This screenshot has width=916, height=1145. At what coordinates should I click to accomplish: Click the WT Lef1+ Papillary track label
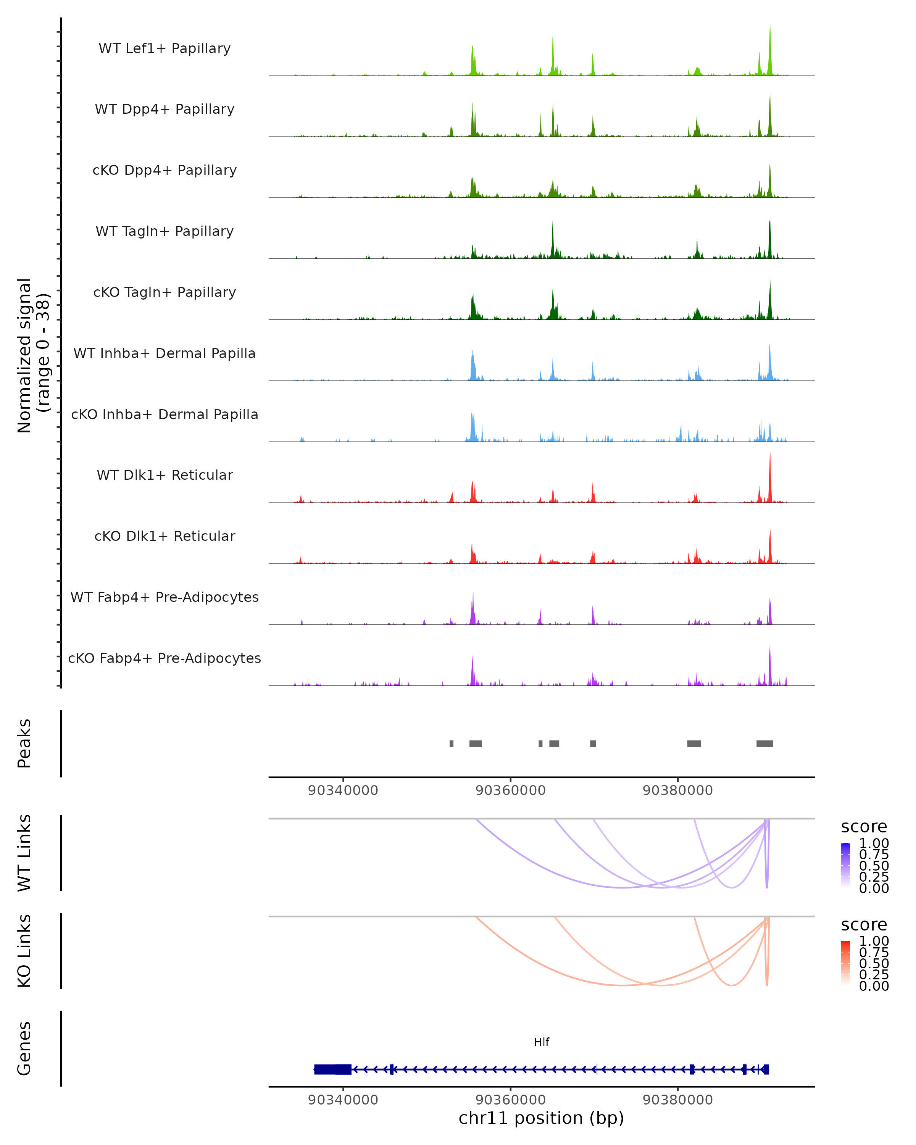(x=164, y=48)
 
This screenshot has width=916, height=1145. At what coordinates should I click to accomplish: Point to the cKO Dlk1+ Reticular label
(x=164, y=536)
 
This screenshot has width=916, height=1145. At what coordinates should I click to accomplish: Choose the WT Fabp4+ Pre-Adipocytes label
(x=164, y=597)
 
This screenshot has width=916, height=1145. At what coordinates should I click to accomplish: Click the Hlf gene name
(x=542, y=1042)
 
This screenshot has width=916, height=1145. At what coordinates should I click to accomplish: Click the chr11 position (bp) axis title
(x=541, y=1118)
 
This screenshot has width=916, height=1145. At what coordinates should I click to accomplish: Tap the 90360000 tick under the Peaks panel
(x=510, y=790)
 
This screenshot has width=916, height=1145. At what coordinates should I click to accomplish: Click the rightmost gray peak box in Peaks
(x=764, y=743)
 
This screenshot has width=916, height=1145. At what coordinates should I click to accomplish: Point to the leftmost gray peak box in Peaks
(x=452, y=743)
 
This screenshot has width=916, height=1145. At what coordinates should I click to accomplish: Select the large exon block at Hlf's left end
(x=332, y=1069)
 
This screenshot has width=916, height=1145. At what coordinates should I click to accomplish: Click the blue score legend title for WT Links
(x=864, y=827)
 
